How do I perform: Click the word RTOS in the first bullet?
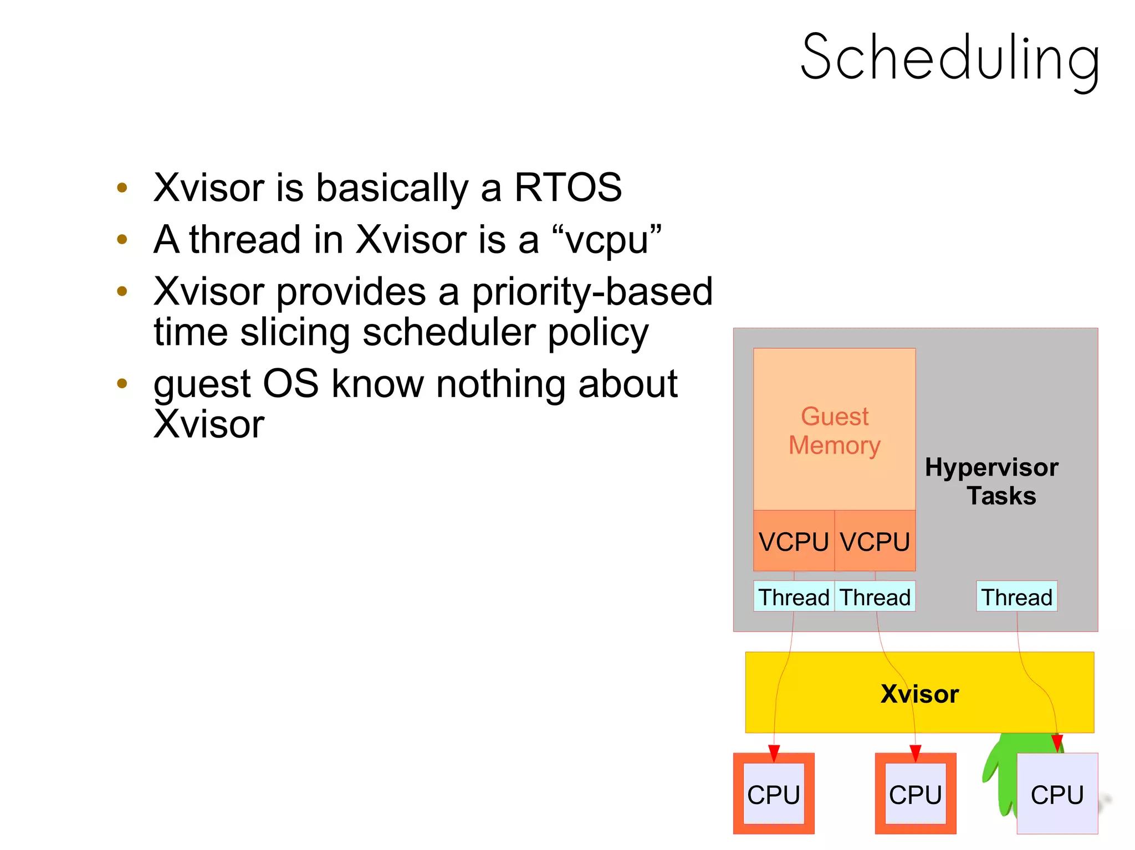coord(568,187)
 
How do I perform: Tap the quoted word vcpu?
coord(607,240)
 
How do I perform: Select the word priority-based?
coord(592,292)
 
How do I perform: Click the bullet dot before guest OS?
coord(122,383)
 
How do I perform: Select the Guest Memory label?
coord(835,431)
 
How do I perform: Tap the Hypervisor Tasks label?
coord(992,481)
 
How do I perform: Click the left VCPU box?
coord(794,541)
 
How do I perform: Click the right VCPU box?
coord(875,541)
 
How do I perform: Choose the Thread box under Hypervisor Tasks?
coord(1016,597)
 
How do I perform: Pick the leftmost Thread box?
coord(794,597)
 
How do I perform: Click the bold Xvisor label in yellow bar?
coord(919,694)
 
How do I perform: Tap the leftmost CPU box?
coord(774,794)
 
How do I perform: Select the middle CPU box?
coord(916,794)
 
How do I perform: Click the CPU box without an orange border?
coord(1057,794)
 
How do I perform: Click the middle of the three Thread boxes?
coord(875,597)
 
